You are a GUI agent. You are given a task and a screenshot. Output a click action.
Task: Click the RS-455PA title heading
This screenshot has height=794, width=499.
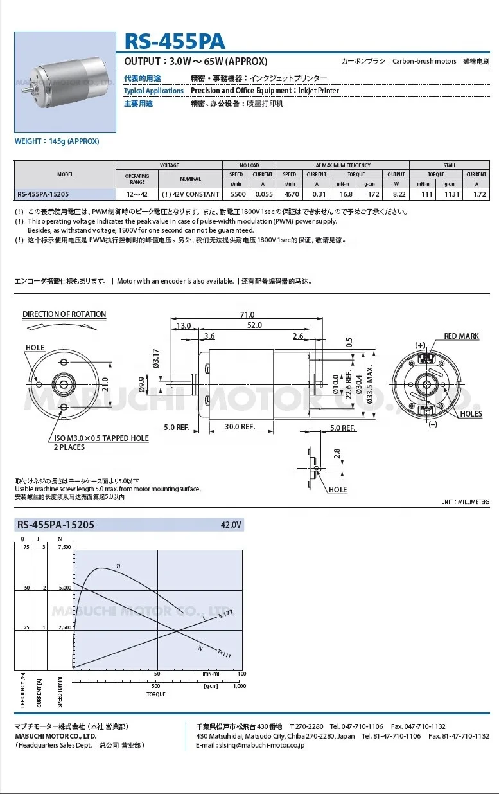pyautogui.click(x=175, y=42)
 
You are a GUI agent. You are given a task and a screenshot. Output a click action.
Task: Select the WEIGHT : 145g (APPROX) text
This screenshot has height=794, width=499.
pyautogui.click(x=57, y=141)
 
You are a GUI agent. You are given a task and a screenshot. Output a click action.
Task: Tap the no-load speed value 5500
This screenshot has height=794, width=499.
pyautogui.click(x=236, y=194)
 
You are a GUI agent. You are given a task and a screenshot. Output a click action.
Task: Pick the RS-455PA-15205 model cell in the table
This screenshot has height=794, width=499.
pyautogui.click(x=44, y=194)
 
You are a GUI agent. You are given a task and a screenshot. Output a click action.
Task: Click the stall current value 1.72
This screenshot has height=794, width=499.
pyautogui.click(x=476, y=194)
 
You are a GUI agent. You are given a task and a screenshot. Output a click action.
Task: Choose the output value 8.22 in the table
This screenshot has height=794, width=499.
pyautogui.click(x=396, y=194)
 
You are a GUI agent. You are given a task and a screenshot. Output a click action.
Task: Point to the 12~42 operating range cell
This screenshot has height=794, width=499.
pyautogui.click(x=137, y=194)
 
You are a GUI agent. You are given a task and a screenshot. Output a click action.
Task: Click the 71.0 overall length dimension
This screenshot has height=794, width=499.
pyautogui.click(x=247, y=314)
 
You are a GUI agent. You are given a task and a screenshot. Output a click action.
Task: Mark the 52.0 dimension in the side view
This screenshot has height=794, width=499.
pyautogui.click(x=254, y=325)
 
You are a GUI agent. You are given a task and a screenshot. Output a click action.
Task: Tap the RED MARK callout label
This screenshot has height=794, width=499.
pyautogui.click(x=461, y=336)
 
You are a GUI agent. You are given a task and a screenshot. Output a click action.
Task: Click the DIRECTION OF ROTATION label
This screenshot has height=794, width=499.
pyautogui.click(x=64, y=314)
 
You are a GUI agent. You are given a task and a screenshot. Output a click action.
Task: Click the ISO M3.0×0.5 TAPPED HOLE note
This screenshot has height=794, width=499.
pyautogui.click(x=101, y=438)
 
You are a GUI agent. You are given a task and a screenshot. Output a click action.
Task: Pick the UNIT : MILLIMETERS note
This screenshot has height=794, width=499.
pyautogui.click(x=465, y=501)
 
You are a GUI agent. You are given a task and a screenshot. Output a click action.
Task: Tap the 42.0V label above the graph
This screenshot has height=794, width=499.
pyautogui.click(x=231, y=525)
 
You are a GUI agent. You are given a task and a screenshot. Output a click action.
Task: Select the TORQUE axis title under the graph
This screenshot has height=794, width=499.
pyautogui.click(x=156, y=694)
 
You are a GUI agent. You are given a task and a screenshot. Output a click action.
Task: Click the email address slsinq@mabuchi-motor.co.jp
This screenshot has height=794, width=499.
pyautogui.click(x=250, y=745)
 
